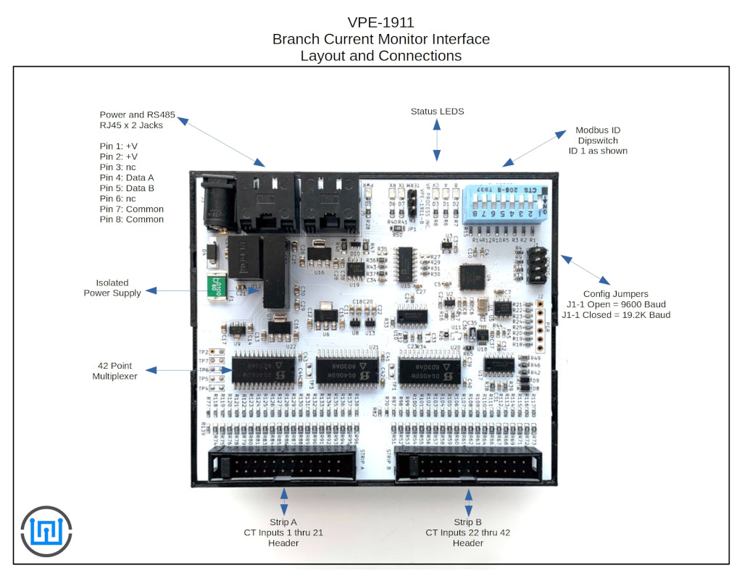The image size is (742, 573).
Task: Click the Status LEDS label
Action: coord(437,111)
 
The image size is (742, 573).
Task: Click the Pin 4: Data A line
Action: coord(127,177)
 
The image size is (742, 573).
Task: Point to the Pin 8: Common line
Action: coord(131,219)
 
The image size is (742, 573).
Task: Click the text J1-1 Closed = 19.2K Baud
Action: coord(616,315)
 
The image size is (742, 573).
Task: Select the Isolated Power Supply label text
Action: coord(112,288)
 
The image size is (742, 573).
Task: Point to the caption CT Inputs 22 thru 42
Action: coord(467,532)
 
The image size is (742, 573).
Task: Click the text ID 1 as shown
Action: coord(598,151)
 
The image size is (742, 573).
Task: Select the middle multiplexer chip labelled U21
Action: coord(346,371)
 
